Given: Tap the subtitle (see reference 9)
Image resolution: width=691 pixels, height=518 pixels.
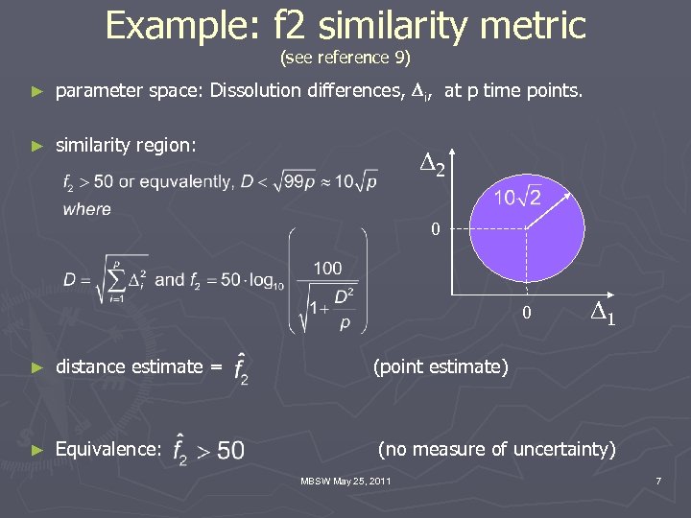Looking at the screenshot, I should pos(345,58).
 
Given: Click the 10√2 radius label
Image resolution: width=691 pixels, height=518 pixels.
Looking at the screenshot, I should pos(518,199).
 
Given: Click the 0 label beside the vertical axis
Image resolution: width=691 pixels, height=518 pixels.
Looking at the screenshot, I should pos(436,230).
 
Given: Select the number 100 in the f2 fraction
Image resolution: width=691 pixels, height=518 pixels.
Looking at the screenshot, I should pos(328,268).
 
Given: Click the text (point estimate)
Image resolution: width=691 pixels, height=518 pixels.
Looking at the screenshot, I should pos(441,365).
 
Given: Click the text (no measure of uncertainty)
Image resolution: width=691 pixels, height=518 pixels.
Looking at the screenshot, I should pos(496,447).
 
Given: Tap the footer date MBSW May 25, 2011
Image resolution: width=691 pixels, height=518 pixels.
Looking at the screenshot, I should pos(345,480).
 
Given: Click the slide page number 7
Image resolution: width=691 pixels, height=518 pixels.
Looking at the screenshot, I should pos(658,480).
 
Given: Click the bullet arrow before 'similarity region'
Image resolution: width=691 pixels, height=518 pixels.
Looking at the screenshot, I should pos(37,146).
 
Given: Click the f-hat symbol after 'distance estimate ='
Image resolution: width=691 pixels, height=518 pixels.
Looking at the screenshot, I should pos(241,368).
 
